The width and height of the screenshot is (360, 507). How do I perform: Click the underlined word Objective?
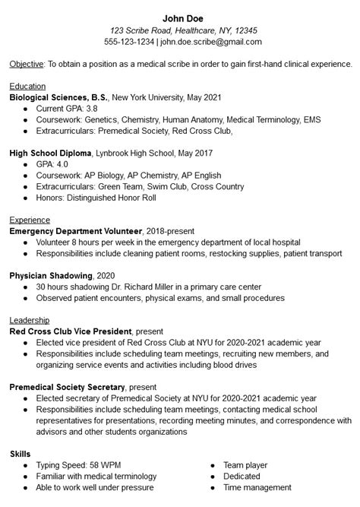click(x=27, y=65)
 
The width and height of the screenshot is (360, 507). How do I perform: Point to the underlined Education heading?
click(x=27, y=87)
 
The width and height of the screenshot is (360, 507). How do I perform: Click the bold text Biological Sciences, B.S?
click(x=59, y=98)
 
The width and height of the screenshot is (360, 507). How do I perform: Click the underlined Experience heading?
click(x=30, y=220)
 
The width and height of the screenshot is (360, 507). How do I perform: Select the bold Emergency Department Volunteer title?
click(x=76, y=230)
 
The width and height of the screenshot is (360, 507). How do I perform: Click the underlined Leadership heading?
click(x=30, y=320)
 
